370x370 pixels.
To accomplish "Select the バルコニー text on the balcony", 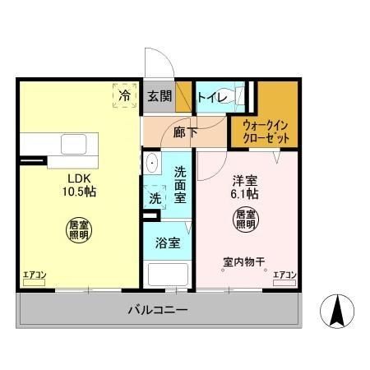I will [x=157, y=311].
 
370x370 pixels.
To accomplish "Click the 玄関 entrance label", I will [x=159, y=96].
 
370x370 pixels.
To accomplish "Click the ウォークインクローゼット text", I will [x=265, y=132].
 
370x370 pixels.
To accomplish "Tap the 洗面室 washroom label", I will [x=182, y=184].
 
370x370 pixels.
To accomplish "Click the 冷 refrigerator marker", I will [x=124, y=95].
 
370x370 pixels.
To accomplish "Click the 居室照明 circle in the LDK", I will [x=78, y=229].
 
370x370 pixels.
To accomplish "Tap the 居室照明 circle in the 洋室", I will [x=246, y=219].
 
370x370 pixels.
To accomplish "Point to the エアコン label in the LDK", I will [x=33, y=275].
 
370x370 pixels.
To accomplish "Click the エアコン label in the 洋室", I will [x=284, y=275].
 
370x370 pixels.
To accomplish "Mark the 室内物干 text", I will [x=243, y=263].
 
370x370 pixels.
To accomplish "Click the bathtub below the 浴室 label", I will [x=167, y=274].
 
